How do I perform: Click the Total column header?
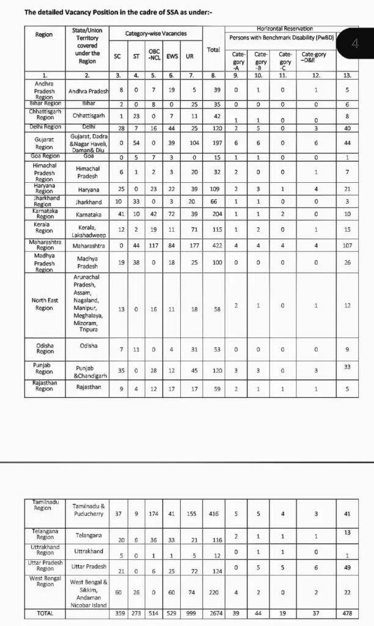pos(213,49)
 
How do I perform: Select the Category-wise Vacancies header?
pos(156,34)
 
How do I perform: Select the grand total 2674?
pos(213,613)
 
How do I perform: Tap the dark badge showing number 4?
pos(355,43)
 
